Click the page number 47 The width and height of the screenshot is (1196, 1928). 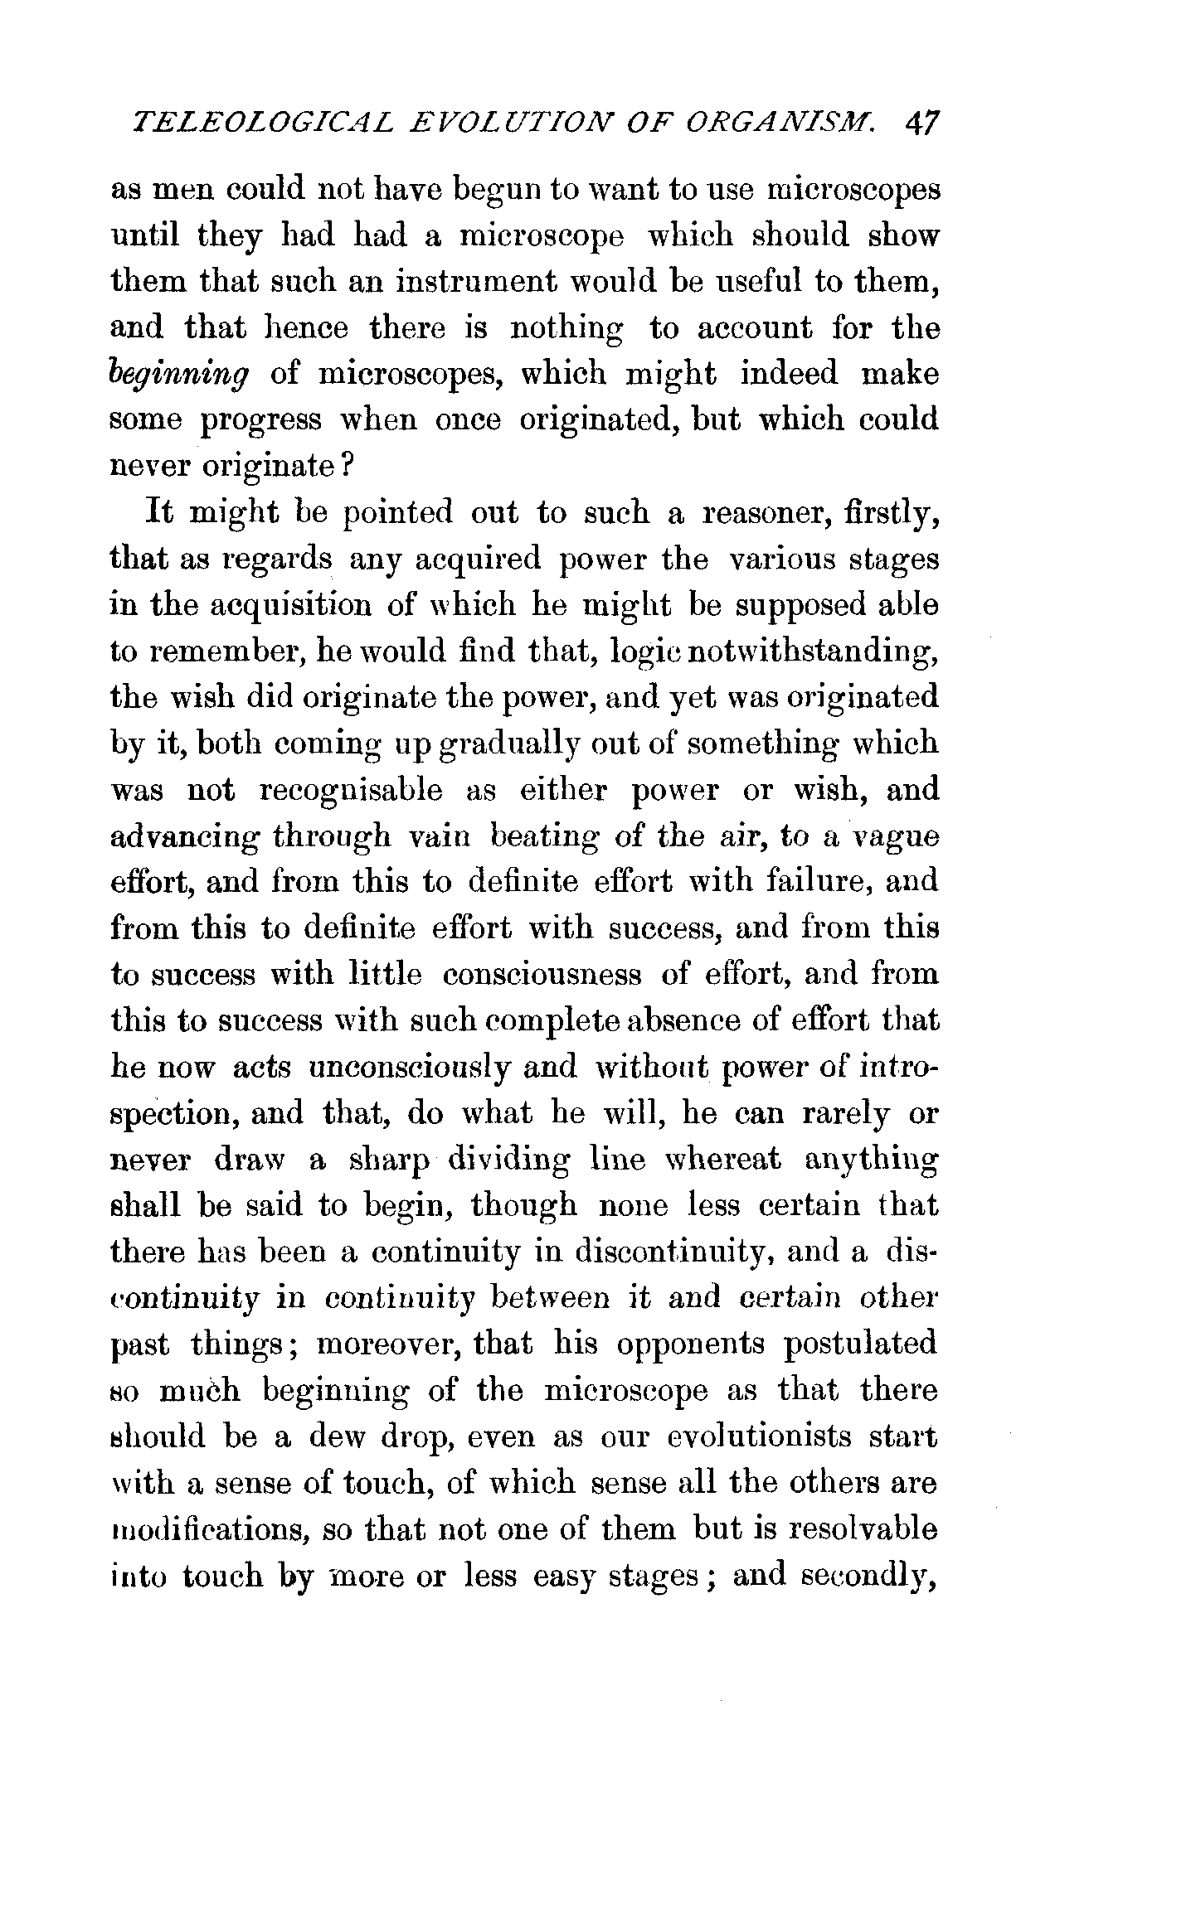coord(922,123)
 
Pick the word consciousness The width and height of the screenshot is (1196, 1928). coord(542,975)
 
